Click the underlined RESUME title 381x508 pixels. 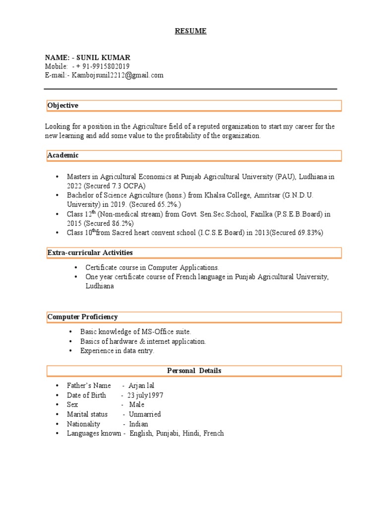(190, 31)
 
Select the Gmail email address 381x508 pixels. (118, 75)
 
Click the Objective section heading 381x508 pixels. (63, 106)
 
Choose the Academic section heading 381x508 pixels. (63, 155)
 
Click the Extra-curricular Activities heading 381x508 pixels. (90, 253)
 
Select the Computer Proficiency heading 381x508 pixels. (82, 317)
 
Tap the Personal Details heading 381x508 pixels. (194, 371)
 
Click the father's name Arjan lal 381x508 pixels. (144, 385)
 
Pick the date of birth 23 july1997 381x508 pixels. (145, 395)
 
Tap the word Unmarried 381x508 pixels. (145, 414)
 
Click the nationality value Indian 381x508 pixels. (139, 424)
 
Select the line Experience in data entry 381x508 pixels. (118, 351)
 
